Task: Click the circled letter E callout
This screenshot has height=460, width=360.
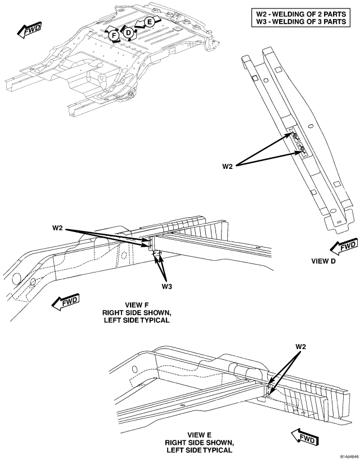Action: [150, 22]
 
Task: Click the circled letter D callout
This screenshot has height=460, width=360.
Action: [128, 33]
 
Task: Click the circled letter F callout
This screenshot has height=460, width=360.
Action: [114, 36]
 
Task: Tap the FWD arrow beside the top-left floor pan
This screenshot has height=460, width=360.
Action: [29, 30]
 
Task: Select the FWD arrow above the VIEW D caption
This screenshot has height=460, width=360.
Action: [343, 247]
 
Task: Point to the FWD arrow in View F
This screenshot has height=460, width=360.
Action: [66, 302]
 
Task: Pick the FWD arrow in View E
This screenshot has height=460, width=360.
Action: [305, 437]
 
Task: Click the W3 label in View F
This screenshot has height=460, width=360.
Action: [167, 287]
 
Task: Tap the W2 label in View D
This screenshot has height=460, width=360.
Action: [227, 167]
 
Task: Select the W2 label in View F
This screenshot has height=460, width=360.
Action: [58, 228]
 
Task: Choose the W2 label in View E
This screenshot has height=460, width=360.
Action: [301, 346]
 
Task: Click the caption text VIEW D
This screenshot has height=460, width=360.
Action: [323, 261]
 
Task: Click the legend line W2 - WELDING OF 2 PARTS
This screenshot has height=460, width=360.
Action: [301, 14]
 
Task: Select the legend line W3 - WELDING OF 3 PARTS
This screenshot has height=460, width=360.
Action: [301, 21]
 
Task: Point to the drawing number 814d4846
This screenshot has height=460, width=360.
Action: [349, 457]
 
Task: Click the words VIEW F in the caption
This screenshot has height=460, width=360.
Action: [137, 305]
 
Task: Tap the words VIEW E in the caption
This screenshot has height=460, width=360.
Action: [199, 435]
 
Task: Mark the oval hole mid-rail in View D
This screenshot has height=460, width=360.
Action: [310, 127]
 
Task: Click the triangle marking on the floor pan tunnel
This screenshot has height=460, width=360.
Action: [101, 78]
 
